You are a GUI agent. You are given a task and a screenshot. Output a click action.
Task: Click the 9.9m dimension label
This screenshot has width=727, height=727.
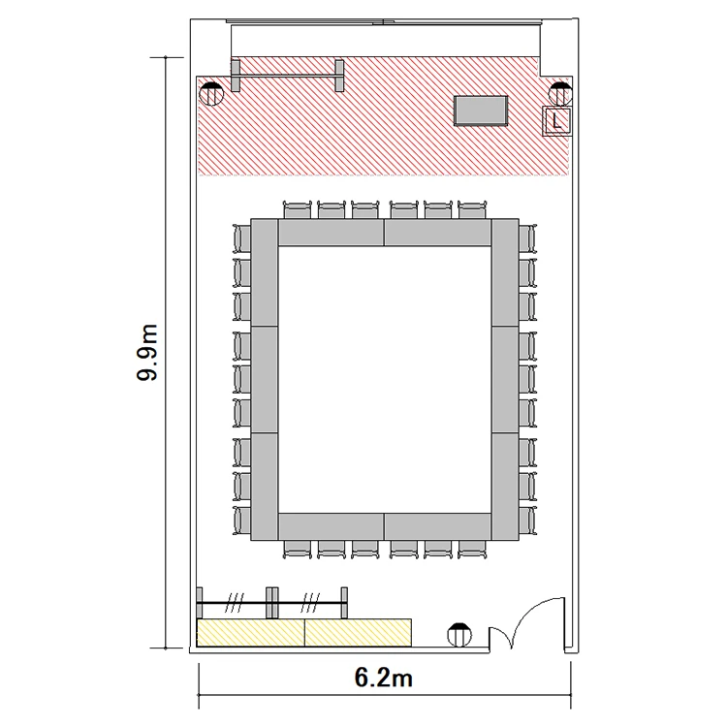(148, 353)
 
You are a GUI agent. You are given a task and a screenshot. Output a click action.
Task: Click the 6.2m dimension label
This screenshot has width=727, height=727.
(384, 678)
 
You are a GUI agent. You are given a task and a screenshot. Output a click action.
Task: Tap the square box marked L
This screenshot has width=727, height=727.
(556, 121)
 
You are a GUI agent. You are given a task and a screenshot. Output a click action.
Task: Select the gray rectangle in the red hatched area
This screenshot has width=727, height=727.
(481, 111)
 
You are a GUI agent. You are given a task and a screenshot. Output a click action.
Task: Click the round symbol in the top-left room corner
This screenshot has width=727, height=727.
(211, 94)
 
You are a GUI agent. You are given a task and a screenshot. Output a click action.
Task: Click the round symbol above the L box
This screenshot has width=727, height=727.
(560, 94)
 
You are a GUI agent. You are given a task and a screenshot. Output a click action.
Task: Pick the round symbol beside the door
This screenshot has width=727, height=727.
(459, 635)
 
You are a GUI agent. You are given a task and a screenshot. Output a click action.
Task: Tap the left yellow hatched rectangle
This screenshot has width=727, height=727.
(251, 632)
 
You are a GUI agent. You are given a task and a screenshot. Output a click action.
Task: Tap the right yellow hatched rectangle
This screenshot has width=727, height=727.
(359, 632)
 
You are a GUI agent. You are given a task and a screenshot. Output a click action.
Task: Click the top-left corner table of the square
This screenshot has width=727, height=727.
(265, 272)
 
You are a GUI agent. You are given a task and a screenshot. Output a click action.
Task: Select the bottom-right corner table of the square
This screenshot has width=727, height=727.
(505, 487)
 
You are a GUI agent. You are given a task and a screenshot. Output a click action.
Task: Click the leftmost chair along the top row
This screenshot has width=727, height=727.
(298, 210)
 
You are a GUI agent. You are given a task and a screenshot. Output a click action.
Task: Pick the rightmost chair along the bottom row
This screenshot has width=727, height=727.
(472, 550)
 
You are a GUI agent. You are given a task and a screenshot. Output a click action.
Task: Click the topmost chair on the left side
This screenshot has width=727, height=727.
(241, 238)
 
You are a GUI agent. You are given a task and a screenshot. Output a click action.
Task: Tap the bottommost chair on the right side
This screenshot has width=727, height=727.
(527, 521)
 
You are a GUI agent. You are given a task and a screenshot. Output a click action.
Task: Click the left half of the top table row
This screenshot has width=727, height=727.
(332, 233)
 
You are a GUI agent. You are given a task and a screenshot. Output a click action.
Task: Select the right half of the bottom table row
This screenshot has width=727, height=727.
(438, 526)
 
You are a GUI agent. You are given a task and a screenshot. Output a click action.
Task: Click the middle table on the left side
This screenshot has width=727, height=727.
(265, 380)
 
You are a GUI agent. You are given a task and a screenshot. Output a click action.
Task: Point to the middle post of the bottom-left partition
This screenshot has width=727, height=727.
(272, 603)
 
